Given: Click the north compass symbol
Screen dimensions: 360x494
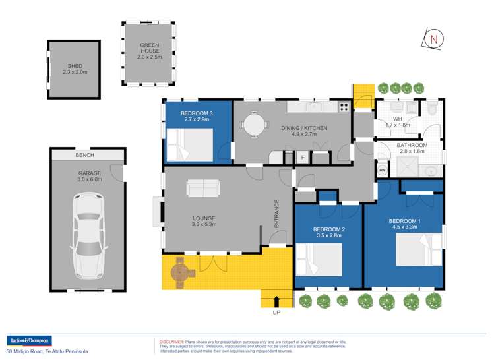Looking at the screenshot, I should point(433,39).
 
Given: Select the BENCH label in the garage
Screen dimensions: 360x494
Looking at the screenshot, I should point(85,156).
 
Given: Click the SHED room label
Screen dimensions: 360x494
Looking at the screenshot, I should point(75,67).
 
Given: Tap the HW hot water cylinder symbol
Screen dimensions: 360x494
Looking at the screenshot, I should point(382,170).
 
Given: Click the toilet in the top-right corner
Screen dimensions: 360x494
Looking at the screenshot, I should point(432,108).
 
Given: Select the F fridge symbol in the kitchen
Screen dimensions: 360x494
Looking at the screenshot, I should point(303,158).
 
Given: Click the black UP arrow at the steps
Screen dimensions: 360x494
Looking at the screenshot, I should point(276,301).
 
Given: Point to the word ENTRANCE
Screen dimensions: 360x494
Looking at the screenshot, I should point(277,214).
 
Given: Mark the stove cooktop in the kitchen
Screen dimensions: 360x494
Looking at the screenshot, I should point(344,106).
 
